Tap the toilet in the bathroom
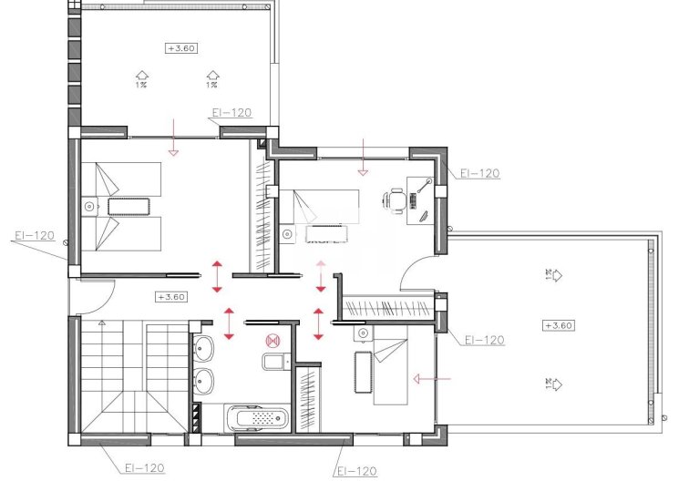(273, 363)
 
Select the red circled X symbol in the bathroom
(270, 341)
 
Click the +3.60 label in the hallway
(171, 297)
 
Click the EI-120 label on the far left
(34, 235)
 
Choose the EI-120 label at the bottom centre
(356, 471)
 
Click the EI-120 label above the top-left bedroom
(230, 114)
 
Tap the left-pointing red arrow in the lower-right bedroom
(431, 378)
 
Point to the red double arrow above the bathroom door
(228, 323)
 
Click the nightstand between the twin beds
(89, 206)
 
